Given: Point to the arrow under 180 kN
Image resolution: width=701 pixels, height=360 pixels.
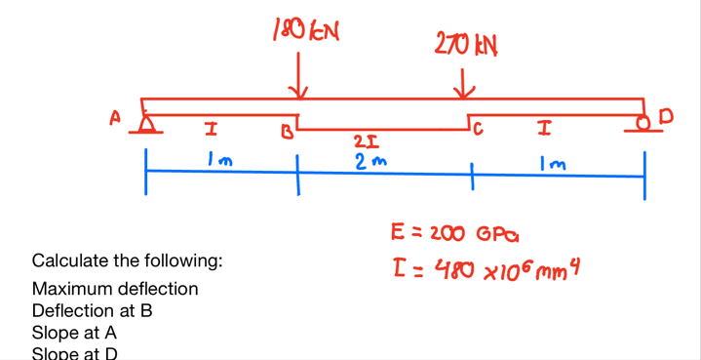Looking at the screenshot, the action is pos(299,76).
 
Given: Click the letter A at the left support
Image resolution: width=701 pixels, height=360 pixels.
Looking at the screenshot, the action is pos(115,118).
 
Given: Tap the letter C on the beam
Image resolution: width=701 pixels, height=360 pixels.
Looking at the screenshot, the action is pos(477,130).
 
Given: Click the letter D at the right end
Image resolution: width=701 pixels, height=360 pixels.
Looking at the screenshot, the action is pos(667,117).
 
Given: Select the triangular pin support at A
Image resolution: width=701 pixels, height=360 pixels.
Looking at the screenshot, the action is pos(147,124).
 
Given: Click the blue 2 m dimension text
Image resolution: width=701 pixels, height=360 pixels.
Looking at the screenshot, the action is pos(368,161).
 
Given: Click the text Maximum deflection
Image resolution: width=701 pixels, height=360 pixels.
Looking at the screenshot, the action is pos(115,289).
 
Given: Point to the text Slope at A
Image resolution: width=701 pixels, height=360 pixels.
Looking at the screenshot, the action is pos(75,333).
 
